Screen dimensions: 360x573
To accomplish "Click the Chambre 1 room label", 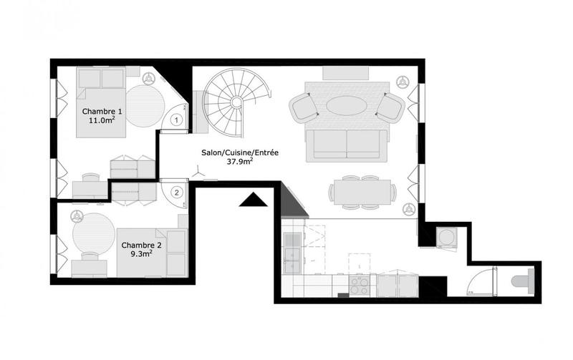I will [x=102, y=111].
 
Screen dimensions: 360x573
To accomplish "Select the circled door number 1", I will [x=176, y=121].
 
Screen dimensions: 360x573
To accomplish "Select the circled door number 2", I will [x=176, y=191].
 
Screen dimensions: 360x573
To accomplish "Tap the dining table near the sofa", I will [x=362, y=191].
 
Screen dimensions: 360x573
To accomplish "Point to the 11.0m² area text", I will [x=102, y=121].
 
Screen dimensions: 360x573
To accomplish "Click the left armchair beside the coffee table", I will [x=304, y=108].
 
